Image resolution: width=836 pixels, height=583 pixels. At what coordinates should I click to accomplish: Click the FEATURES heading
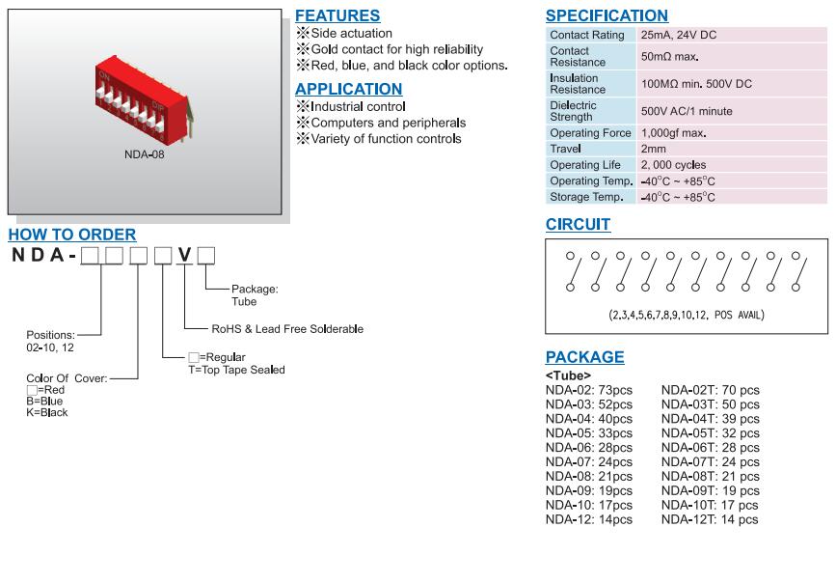[337, 15]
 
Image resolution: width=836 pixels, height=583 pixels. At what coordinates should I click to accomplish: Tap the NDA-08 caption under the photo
[145, 154]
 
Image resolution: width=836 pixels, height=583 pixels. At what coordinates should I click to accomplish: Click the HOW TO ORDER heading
[72, 235]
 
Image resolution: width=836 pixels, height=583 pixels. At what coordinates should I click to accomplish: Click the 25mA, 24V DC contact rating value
[678, 35]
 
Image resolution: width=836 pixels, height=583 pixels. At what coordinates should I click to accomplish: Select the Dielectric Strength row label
[573, 111]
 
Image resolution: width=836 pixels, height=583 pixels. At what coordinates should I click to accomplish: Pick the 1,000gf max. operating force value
[673, 133]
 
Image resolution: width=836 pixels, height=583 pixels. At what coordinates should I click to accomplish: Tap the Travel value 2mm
[653, 150]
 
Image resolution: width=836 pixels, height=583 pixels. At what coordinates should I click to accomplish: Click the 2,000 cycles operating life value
[673, 165]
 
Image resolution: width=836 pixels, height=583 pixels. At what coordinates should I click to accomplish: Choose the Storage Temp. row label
[586, 197]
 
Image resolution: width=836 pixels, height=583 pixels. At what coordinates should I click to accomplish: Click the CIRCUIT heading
[578, 225]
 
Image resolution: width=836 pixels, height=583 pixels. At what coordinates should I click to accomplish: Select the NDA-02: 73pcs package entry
[588, 390]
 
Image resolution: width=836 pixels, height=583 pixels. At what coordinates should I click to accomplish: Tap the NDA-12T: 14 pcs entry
[710, 519]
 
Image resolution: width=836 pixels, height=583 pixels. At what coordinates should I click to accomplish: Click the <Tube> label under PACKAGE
[568, 375]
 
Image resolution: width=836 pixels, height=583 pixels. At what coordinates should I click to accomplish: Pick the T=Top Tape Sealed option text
[236, 370]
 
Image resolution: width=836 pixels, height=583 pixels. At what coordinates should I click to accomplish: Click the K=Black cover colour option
[47, 412]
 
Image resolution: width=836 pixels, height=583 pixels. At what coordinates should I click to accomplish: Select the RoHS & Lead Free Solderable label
[287, 329]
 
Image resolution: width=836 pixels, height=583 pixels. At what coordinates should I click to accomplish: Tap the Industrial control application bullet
[357, 106]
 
